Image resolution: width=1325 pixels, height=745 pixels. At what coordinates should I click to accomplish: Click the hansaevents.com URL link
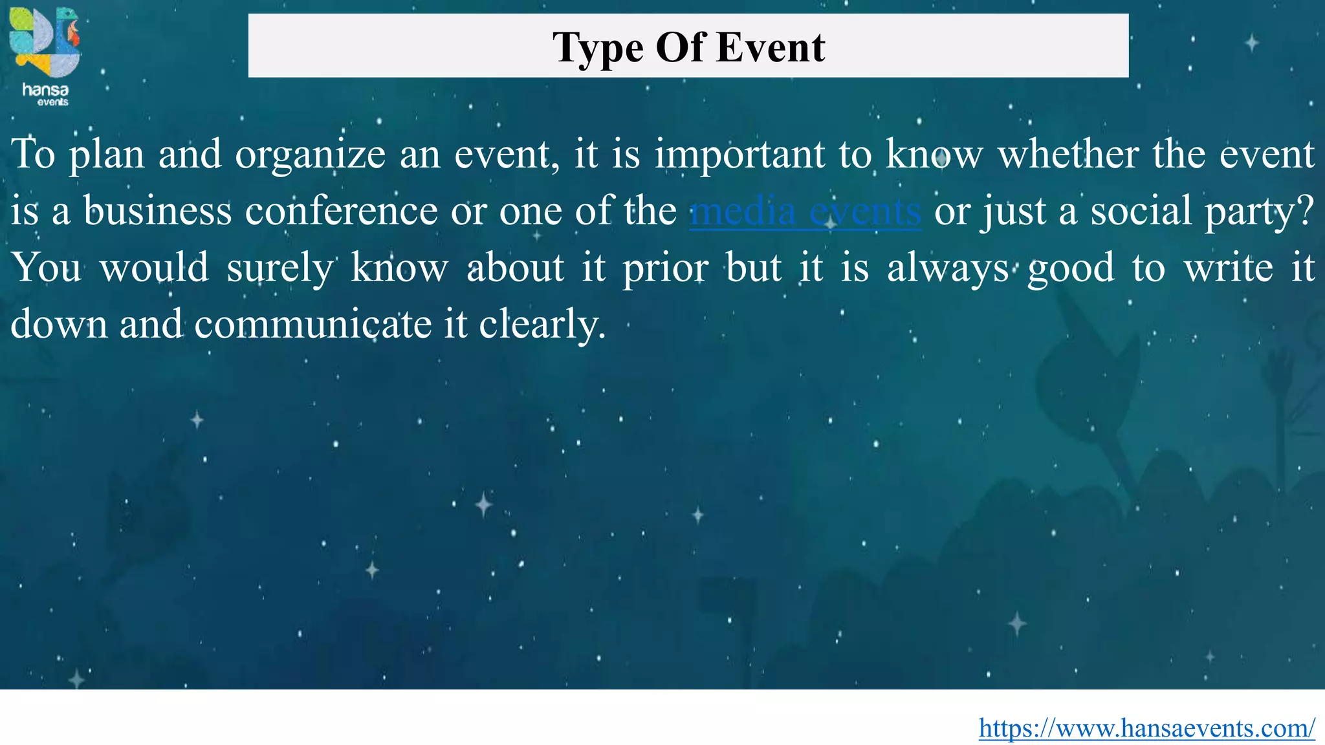click(1146, 728)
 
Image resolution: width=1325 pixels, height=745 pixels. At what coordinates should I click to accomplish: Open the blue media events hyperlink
click(805, 211)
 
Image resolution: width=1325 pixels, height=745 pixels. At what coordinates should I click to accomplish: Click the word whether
click(1068, 155)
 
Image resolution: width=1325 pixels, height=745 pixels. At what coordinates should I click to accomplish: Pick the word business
click(157, 211)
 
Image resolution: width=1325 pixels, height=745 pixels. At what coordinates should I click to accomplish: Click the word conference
click(341, 211)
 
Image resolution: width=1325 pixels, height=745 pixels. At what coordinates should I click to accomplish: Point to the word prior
click(665, 268)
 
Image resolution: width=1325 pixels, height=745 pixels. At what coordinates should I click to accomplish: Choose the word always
click(947, 268)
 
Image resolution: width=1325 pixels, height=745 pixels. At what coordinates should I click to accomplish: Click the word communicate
click(312, 324)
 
